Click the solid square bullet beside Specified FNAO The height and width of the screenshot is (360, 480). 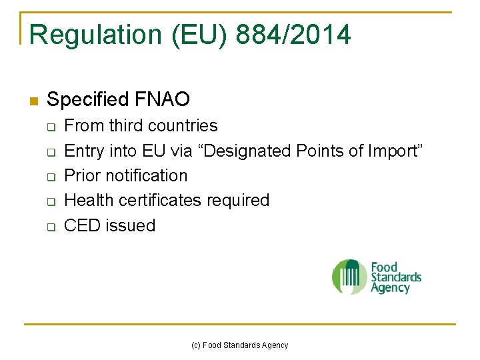coord(33,101)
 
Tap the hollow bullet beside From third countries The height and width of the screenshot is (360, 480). coord(51,127)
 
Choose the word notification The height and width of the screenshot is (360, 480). coord(147,176)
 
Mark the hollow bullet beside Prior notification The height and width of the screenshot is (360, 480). coord(51,177)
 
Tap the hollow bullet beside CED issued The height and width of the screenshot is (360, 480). coord(51,227)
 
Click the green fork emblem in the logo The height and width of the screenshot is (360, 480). coord(349,277)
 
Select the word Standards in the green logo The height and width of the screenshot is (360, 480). coord(396,277)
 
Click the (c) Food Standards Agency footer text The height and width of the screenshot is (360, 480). coord(240,345)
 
